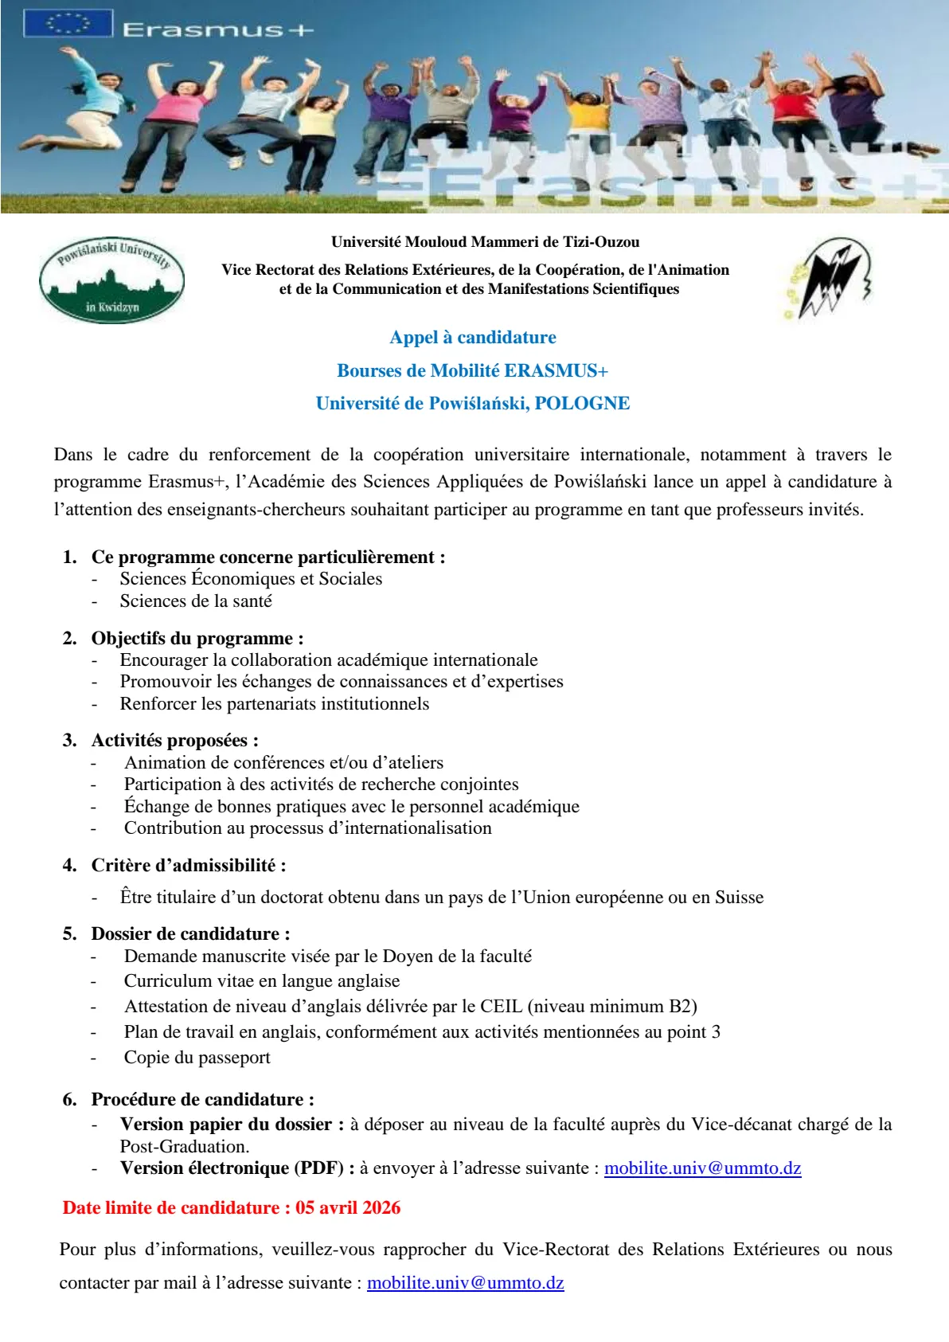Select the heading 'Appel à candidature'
coord(473,338)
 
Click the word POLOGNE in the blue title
coord(582,404)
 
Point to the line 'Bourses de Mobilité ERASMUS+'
coord(473,371)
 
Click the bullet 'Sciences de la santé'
coord(196,601)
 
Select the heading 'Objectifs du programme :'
coord(197,639)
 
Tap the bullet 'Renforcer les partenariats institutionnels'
coord(275,704)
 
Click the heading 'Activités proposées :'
coord(175,741)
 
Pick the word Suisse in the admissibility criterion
coord(739,898)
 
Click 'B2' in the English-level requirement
coord(682,1007)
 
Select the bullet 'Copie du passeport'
coord(197,1058)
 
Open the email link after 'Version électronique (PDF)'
coord(702,1168)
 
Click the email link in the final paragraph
coord(465,1283)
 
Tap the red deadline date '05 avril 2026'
coord(348,1208)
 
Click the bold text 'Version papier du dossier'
coord(226,1125)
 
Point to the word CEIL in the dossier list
coord(501,1007)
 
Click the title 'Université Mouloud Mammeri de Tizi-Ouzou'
coord(485,242)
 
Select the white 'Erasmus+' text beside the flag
coord(217,30)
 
